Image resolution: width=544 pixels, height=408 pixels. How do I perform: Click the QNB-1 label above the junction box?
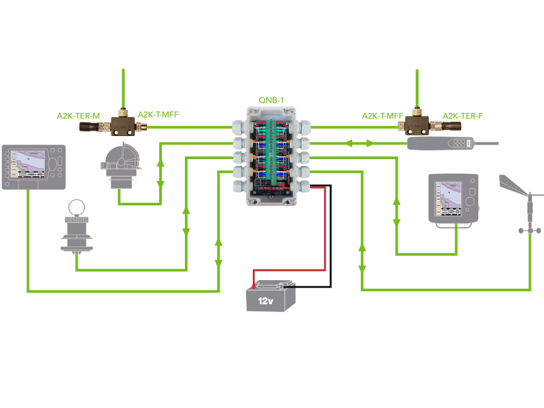[271, 100]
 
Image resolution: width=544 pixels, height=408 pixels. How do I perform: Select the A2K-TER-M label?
[78, 116]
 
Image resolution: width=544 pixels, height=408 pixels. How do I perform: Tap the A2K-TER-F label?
[462, 116]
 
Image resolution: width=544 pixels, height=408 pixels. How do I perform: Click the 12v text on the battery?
[267, 299]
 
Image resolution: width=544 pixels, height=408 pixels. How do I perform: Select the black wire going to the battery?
[331, 238]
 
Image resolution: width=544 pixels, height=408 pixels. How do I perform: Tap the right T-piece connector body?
[415, 124]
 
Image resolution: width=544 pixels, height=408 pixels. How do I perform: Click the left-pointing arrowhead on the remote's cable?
[349, 143]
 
